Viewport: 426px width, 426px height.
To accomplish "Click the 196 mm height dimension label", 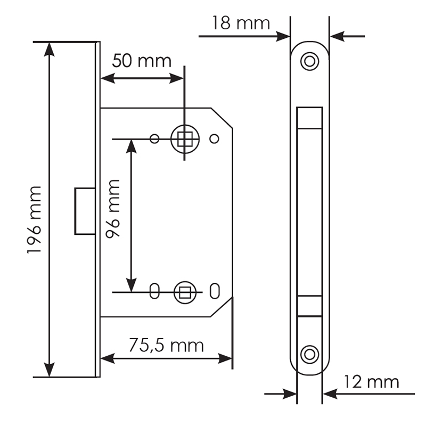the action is coord(34,220).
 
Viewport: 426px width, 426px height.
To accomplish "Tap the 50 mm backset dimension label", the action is coord(142,61).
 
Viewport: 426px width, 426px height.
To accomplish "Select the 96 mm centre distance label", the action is coord(113,209).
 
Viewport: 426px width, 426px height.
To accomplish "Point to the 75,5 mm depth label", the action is coord(166,345).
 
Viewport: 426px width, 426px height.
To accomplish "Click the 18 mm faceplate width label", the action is coord(241,23).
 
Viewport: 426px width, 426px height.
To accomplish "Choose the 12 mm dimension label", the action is coord(371,382).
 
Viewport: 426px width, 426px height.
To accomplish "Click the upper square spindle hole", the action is coord(185,139).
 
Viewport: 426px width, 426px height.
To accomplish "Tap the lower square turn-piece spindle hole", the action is coord(185,292).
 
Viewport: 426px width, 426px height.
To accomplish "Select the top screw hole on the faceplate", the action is coord(309,61).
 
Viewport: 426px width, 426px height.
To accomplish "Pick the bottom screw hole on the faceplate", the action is coord(309,354).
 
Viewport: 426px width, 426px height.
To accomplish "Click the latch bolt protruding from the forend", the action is coord(85,211).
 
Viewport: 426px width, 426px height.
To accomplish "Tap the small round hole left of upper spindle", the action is coord(154,139).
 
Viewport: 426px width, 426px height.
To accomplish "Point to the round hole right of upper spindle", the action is coord(215,139).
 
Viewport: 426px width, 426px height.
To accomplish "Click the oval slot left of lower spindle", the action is coord(154,291).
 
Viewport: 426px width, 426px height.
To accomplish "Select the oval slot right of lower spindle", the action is coord(215,291).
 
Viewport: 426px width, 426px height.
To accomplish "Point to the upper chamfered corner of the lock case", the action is coord(222,118).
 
